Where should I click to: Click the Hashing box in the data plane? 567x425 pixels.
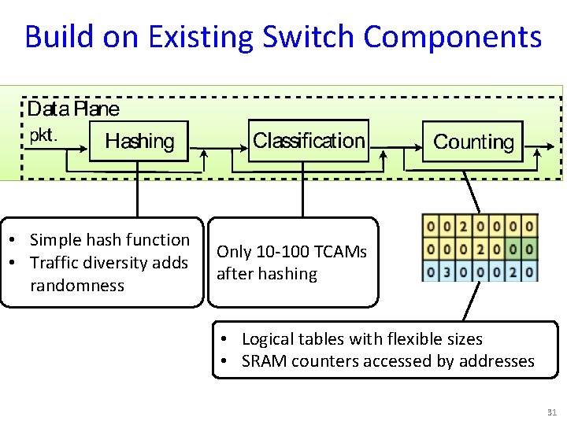139,142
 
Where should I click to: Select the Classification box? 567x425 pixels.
309,141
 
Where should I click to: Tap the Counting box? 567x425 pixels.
473,142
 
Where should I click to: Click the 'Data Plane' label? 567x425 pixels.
73,109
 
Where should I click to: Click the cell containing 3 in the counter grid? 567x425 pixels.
447,272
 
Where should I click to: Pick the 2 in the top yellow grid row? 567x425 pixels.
464,226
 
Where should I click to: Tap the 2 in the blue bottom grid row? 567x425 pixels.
513,272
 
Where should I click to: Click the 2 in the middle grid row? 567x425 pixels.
480,249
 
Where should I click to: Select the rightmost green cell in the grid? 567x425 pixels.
529,249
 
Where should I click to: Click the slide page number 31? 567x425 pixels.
550,413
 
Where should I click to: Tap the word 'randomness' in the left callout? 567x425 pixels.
77,286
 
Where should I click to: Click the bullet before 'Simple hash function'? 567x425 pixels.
14,240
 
